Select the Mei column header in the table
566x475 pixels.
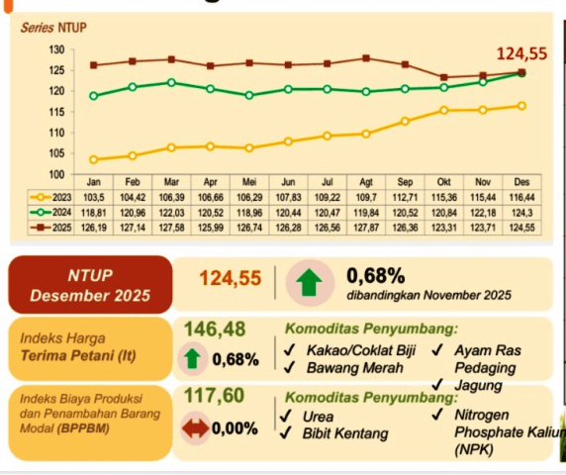(249, 183)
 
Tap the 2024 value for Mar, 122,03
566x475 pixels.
(171, 213)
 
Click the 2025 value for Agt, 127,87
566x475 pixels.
(366, 228)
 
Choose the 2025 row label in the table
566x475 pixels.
(49, 228)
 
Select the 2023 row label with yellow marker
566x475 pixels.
(49, 198)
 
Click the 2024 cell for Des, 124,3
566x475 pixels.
(520, 213)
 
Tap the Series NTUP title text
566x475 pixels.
(52, 28)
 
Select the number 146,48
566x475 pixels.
(215, 329)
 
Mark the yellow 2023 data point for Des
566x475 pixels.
(520, 106)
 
